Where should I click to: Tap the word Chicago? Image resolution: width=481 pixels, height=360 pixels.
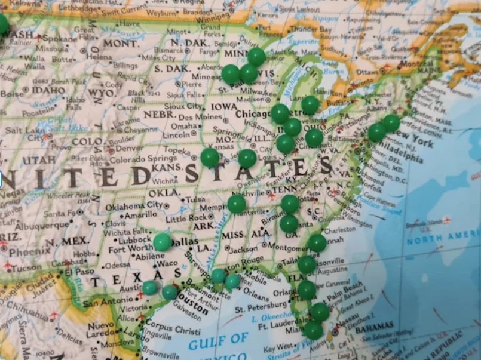(x=253, y=114)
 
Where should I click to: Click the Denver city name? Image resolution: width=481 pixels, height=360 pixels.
(x=130, y=148)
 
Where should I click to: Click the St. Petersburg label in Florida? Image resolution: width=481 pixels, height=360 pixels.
(x=258, y=309)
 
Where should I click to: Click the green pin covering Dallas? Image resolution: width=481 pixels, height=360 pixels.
(x=162, y=242)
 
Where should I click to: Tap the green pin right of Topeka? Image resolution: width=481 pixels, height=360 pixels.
(x=210, y=157)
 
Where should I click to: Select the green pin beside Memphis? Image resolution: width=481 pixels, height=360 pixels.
(x=237, y=204)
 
